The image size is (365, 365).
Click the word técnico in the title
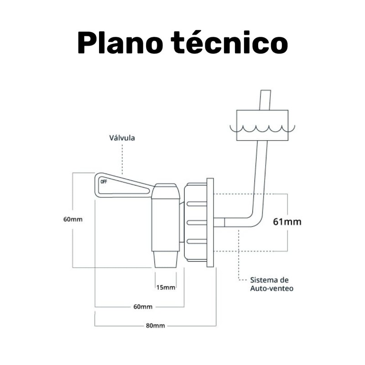[230, 42]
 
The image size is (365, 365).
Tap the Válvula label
[122, 138]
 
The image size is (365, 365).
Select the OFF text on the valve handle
[104, 182]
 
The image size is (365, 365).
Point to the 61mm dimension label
[287, 222]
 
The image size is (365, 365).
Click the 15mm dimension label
[166, 287]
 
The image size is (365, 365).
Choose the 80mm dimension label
[155, 325]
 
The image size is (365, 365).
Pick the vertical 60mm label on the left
[73, 219]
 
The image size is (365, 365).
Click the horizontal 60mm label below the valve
[143, 307]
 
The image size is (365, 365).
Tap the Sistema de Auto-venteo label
[271, 284]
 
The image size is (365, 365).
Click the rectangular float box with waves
[262, 125]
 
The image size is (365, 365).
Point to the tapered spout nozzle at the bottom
[166, 260]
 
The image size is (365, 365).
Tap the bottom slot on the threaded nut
[197, 241]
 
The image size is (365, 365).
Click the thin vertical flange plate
[210, 223]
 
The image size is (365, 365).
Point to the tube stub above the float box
[266, 100]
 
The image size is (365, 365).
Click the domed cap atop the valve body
[166, 191]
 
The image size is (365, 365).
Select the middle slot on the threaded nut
[197, 223]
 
